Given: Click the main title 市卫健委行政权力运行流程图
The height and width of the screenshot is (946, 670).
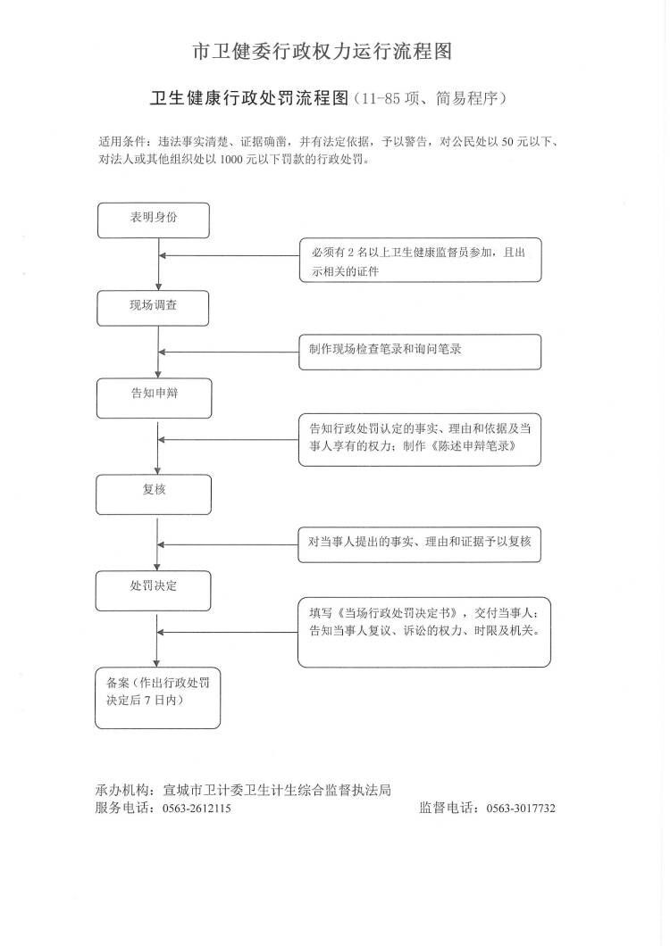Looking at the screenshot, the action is (x=322, y=51).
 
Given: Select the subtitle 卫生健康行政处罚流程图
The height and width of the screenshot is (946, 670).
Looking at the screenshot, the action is (x=249, y=98).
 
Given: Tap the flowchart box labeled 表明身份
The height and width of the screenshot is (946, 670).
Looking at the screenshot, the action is (x=154, y=220).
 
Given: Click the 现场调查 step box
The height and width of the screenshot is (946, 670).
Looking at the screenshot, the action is (x=153, y=308).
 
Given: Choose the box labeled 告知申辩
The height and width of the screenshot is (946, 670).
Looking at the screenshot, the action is (x=154, y=398).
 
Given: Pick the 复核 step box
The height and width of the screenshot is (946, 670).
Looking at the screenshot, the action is (x=154, y=494).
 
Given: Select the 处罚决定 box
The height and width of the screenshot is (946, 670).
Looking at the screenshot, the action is (x=153, y=591).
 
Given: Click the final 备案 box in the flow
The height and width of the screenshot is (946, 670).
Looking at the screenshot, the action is (x=157, y=697).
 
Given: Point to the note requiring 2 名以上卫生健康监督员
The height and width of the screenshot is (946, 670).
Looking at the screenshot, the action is (x=420, y=260).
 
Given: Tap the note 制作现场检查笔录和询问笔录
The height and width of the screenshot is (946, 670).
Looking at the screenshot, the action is (x=419, y=352).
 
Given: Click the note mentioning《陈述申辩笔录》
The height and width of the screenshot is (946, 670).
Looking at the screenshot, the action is (x=419, y=440).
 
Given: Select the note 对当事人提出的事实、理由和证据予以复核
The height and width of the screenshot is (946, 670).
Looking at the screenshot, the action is (x=419, y=544).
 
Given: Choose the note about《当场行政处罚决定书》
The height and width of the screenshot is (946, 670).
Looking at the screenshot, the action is (x=424, y=632).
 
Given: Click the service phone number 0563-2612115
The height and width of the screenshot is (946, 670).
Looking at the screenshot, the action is (x=197, y=809).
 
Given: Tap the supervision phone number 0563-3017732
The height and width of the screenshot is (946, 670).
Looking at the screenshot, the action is (x=521, y=809).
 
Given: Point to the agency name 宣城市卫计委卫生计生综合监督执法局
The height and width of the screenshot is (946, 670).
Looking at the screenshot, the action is (x=277, y=790).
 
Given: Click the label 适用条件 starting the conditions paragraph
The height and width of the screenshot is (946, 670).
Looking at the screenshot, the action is (x=122, y=143).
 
